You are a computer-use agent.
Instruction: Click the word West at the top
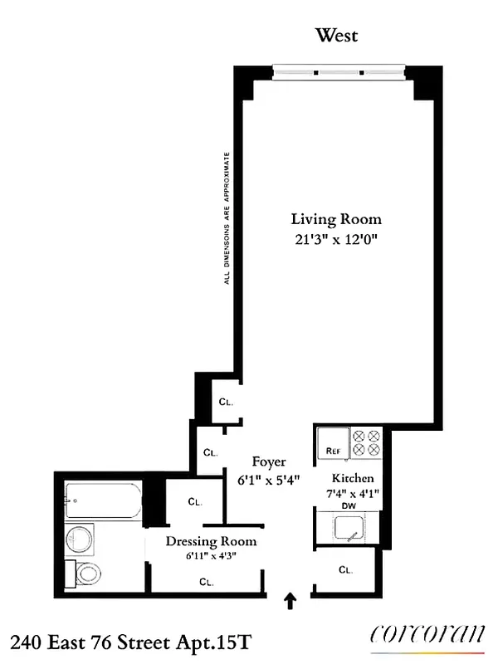point(336,36)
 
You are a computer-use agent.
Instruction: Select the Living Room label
point(336,219)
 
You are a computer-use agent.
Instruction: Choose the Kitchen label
point(353,479)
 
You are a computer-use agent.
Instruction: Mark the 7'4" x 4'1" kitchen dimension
point(353,494)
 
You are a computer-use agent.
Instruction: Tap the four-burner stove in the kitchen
point(366,442)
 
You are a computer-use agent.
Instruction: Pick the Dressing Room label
point(211,542)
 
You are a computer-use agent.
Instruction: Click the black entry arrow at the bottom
point(290,601)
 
